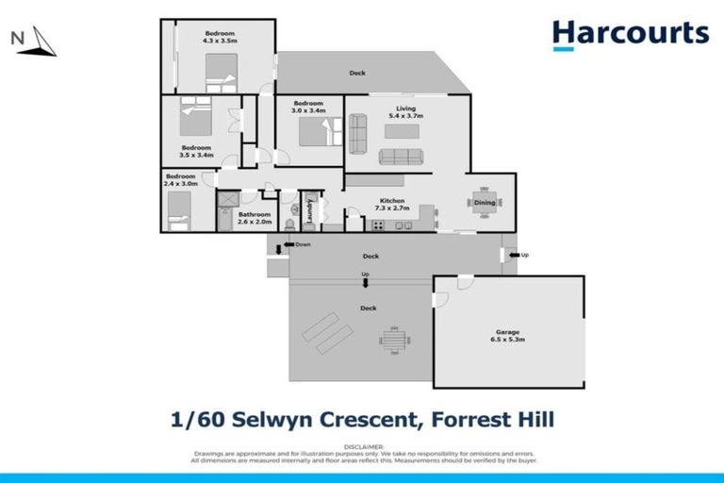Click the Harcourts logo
tap(630, 34)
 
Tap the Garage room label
tap(508, 332)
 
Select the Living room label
tap(405, 108)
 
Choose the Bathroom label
tap(253, 214)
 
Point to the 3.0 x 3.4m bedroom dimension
tap(308, 110)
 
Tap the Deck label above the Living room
tap(357, 73)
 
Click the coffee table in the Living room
tap(401, 156)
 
